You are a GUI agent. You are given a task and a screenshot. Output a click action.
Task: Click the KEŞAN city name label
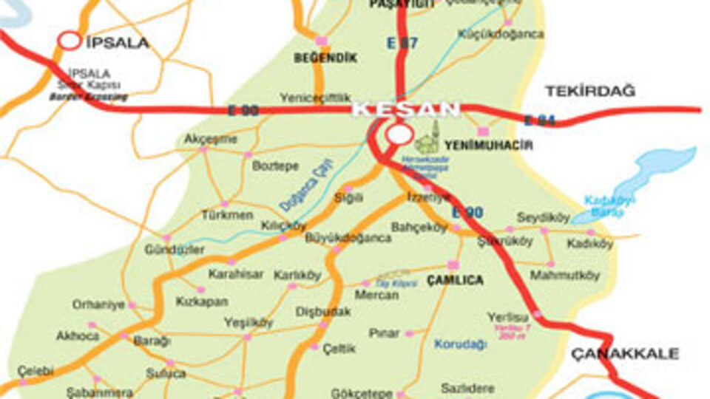coord(405,109)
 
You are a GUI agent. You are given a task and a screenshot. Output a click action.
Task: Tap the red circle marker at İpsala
coord(70,41)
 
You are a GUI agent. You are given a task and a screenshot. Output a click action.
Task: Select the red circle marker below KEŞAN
coord(400,134)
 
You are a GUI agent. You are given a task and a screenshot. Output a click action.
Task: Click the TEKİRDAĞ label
coord(590,91)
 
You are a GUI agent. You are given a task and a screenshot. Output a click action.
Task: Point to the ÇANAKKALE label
coord(625,354)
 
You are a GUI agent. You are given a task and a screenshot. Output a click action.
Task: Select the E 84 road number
coord(539,120)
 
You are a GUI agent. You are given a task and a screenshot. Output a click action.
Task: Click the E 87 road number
coord(402,44)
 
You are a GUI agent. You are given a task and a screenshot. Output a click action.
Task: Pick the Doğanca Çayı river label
coord(308,185)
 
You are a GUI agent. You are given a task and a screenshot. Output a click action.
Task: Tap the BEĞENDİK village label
coord(325,58)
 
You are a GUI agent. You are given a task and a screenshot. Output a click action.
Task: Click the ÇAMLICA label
coord(455,281)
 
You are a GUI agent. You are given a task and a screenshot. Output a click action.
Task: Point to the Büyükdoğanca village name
coord(348,238)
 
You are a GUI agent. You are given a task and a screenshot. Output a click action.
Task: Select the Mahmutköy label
coord(565,276)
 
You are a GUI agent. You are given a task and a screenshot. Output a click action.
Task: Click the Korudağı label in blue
coord(461,344)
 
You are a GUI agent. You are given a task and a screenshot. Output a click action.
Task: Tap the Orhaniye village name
coord(98,304)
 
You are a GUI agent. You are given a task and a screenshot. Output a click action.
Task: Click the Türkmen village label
coord(227,215)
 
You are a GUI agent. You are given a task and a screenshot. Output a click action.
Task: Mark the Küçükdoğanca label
coord(501,34)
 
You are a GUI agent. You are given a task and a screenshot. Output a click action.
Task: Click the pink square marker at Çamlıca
coord(453,265)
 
